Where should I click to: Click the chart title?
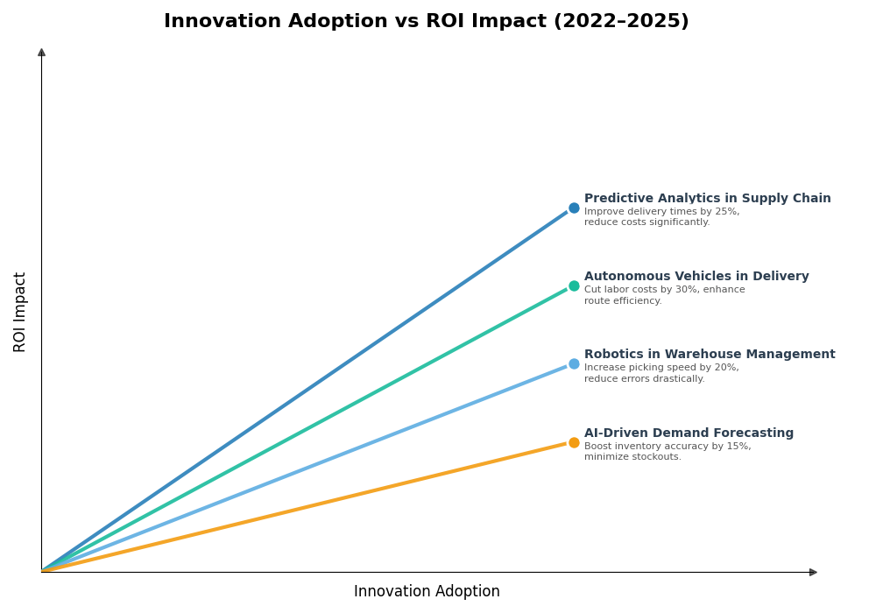pos(426,22)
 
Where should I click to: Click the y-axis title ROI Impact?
pos(20,312)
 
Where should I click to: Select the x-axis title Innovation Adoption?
pos(427,592)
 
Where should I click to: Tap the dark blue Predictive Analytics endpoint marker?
pos(574,208)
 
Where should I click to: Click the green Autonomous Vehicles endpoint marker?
pos(574,286)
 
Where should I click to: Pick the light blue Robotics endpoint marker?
pos(574,364)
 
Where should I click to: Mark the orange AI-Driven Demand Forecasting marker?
pos(574,443)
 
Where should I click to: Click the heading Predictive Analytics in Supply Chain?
pos(707,199)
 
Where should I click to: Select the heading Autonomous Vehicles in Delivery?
pos(696,277)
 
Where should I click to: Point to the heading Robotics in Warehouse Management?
pos(710,355)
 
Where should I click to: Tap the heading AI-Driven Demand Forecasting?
pos(689,433)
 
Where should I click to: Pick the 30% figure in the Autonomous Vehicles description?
pos(686,290)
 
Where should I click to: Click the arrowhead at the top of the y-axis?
pos(41,53)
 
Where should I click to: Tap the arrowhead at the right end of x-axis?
pos(813,573)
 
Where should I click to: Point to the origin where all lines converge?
pos(42,572)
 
